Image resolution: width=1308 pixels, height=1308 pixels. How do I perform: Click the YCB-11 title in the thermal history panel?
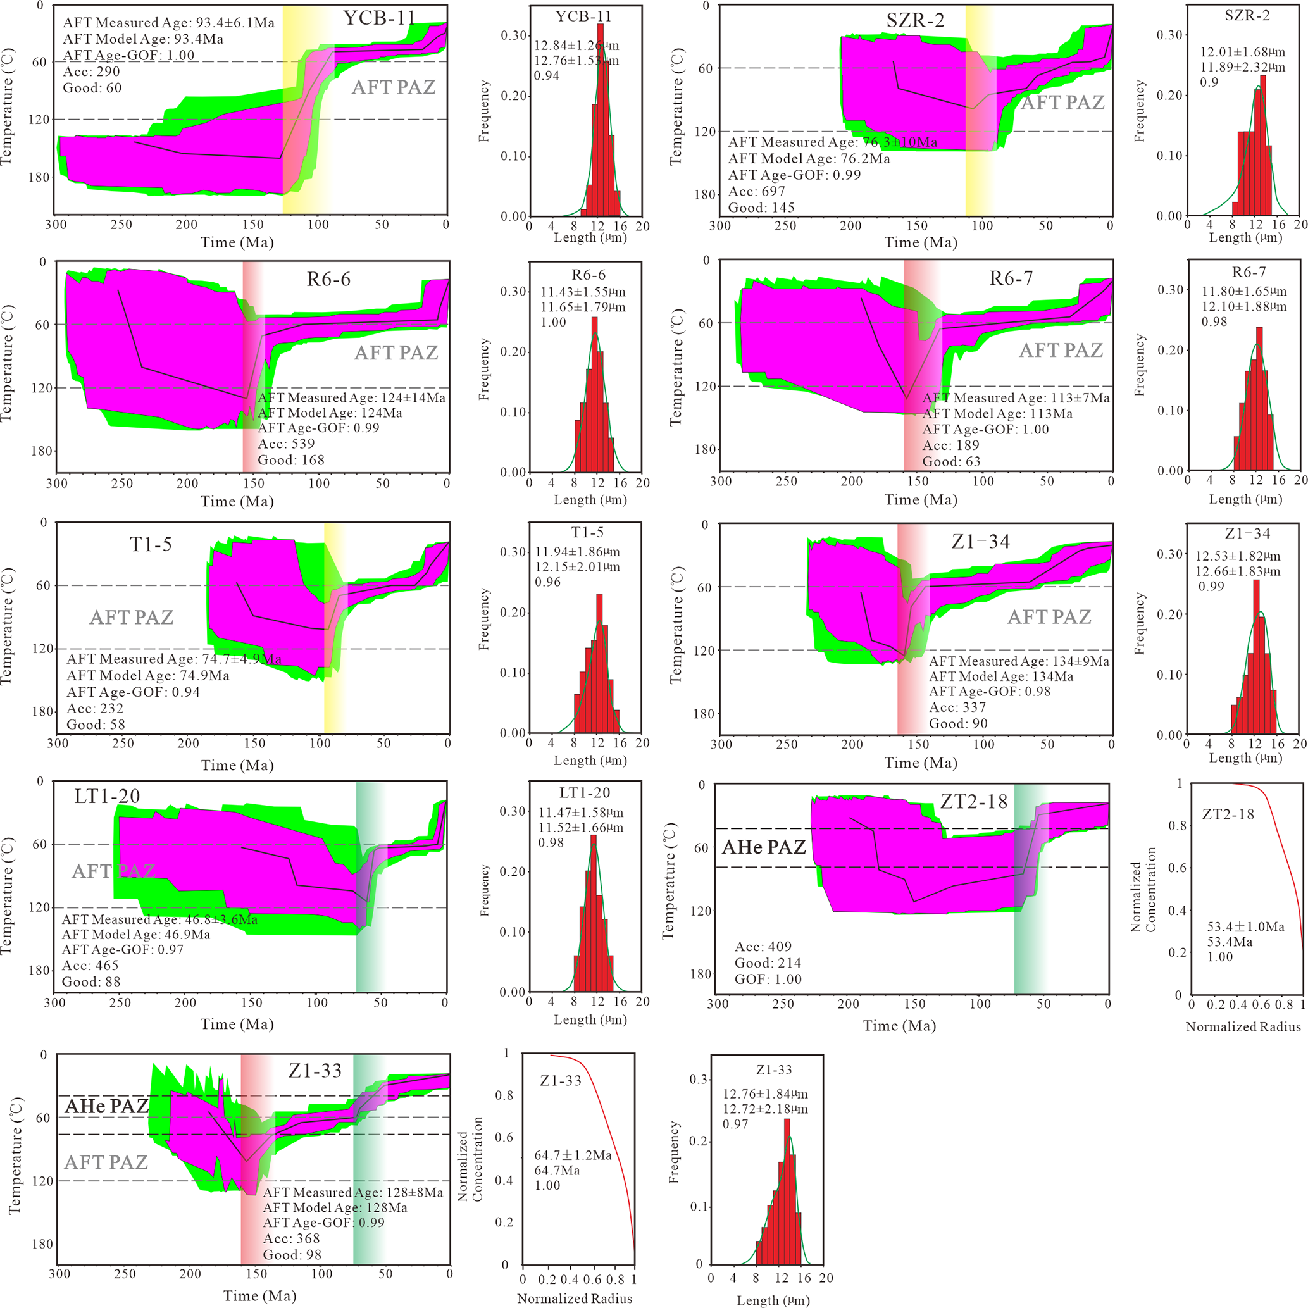(379, 18)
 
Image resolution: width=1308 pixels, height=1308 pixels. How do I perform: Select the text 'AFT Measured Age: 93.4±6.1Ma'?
(168, 23)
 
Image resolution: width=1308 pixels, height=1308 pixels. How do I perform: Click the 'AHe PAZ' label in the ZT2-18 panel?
(764, 847)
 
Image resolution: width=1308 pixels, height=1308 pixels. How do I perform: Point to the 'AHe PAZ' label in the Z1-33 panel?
(106, 1106)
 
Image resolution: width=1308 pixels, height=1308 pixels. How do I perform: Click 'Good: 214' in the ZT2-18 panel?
(768, 962)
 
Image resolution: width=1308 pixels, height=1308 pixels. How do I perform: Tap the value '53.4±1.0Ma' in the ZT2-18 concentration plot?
(1246, 927)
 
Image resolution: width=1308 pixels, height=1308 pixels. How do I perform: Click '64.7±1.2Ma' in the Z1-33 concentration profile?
(573, 1155)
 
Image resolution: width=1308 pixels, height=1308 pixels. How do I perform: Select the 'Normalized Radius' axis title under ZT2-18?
(1243, 1027)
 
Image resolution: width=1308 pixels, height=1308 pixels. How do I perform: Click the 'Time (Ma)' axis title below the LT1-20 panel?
(237, 1024)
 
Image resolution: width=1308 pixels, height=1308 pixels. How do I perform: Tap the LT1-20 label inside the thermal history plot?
(107, 796)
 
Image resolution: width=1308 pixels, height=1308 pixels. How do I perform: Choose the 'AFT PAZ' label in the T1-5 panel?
(132, 618)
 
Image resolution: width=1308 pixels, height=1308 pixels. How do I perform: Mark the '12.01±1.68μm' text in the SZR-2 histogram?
(1242, 52)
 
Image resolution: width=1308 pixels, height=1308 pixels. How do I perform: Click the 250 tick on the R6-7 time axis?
(786, 482)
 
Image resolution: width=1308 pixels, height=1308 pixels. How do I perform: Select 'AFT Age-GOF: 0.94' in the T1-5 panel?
(134, 692)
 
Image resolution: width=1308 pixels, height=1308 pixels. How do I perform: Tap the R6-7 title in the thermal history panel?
(1011, 278)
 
